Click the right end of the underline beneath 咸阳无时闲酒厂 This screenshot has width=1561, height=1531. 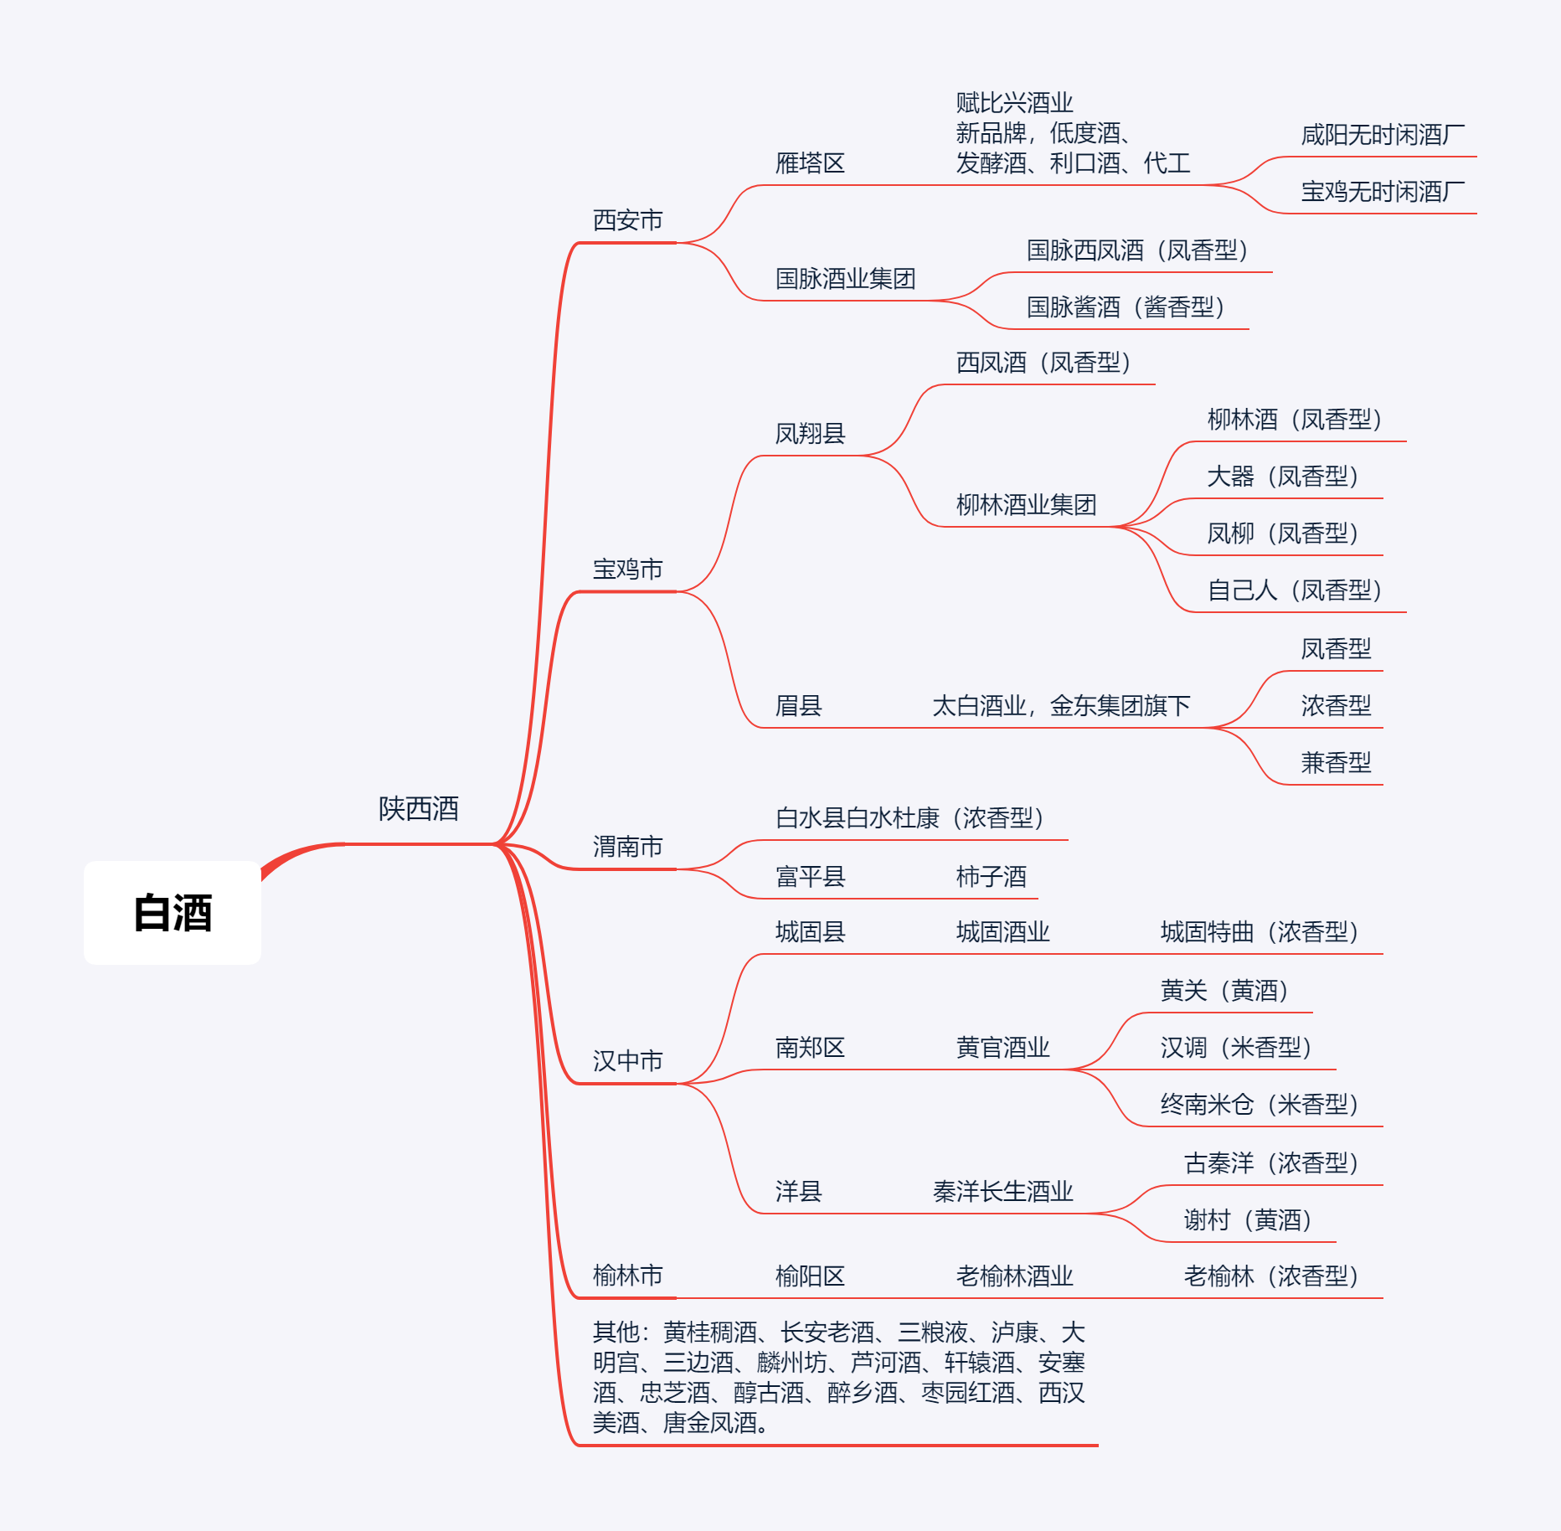click(x=1476, y=157)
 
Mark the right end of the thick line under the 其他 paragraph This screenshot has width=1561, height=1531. click(x=1098, y=1446)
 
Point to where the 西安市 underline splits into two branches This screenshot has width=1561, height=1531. click(x=677, y=243)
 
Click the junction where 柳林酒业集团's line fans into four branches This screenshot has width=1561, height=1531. click(x=1114, y=527)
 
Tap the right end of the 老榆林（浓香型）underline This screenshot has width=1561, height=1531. click(x=1383, y=1298)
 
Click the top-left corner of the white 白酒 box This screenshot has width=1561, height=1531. click(x=85, y=862)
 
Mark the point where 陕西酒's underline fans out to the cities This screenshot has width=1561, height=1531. click(x=496, y=843)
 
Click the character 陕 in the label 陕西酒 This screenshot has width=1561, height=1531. click(x=392, y=809)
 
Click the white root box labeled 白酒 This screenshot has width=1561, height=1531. click(x=173, y=913)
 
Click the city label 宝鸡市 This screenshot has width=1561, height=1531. click(x=627, y=570)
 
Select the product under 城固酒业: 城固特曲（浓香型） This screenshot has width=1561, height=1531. click(x=1260, y=932)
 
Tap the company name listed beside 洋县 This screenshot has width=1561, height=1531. click(x=1002, y=1192)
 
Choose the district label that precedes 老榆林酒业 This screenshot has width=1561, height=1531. click(x=810, y=1276)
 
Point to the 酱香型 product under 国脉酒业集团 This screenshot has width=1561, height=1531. click(x=1126, y=307)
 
